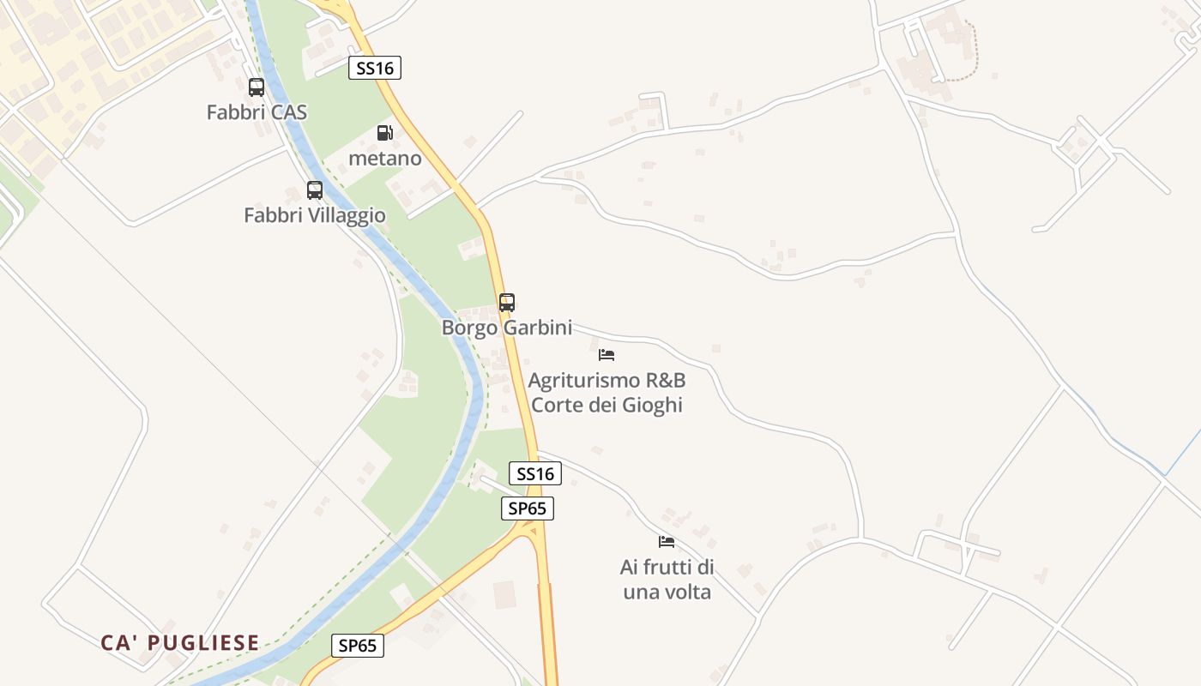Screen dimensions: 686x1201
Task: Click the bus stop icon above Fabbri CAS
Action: pyautogui.click(x=256, y=87)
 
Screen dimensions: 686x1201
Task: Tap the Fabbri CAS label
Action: pyautogui.click(x=256, y=112)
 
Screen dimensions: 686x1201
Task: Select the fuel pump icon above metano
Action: pyautogui.click(x=385, y=133)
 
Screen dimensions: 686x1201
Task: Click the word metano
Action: pyautogui.click(x=385, y=159)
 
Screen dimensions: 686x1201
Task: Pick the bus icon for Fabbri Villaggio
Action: pyautogui.click(x=315, y=190)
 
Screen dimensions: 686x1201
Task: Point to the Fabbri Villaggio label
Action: pyautogui.click(x=315, y=215)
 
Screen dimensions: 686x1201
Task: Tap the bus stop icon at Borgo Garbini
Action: pyautogui.click(x=507, y=303)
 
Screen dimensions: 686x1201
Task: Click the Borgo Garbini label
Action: pyautogui.click(x=507, y=328)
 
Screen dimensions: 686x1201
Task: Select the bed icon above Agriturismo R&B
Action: pyautogui.click(x=607, y=354)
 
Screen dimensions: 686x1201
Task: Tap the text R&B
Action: pyautogui.click(x=665, y=380)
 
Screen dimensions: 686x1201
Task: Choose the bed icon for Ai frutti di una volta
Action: pyautogui.click(x=667, y=542)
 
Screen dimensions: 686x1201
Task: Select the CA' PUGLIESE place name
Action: pyautogui.click(x=180, y=643)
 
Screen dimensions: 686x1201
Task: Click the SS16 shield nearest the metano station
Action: pyautogui.click(x=375, y=68)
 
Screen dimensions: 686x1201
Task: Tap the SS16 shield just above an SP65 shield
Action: pyautogui.click(x=535, y=473)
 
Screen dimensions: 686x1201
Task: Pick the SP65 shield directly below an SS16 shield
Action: pyautogui.click(x=528, y=508)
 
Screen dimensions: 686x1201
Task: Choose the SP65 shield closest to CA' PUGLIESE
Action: pyautogui.click(x=358, y=646)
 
